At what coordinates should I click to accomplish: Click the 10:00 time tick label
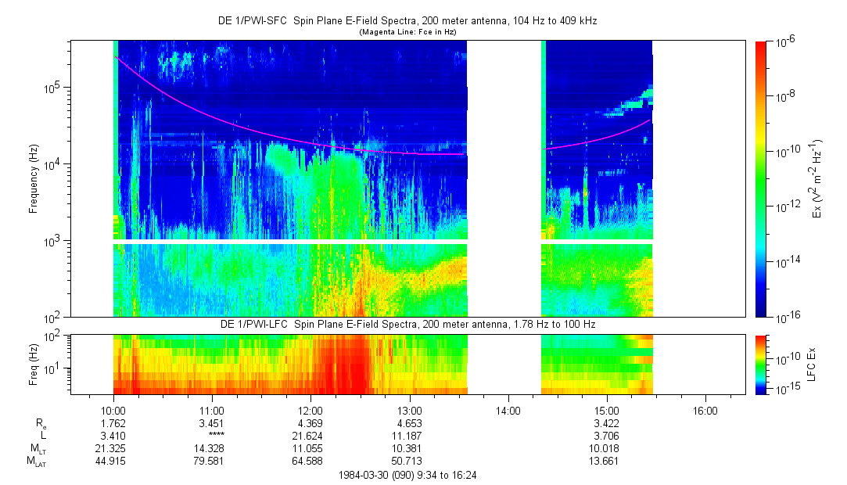(x=113, y=409)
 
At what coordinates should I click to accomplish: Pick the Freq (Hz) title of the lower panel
(x=34, y=364)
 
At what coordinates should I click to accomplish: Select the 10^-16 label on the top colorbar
(x=784, y=317)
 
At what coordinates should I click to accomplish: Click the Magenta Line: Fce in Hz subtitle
(x=407, y=32)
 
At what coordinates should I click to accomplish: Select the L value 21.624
(x=310, y=434)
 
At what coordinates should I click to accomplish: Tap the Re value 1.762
(x=113, y=422)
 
